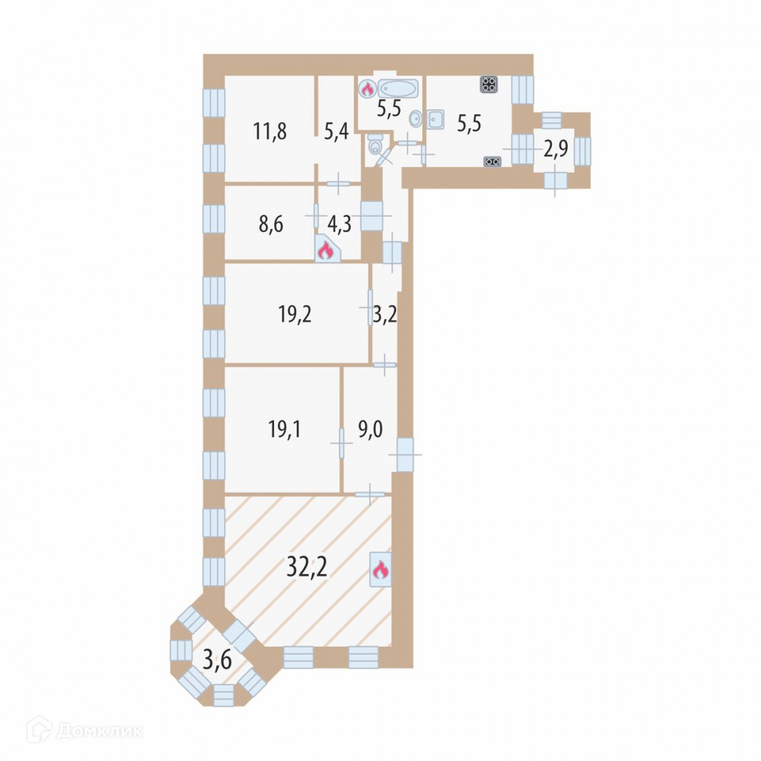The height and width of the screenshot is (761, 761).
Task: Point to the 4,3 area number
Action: (340, 224)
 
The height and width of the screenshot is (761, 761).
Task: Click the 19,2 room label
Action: (295, 314)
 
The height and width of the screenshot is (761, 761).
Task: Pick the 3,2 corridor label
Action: (385, 314)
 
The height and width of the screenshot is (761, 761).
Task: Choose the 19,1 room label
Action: (285, 429)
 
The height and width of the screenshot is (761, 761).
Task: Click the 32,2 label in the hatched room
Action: (307, 565)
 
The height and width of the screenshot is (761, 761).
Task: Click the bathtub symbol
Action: (399, 88)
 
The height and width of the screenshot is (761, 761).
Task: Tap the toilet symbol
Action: (375, 147)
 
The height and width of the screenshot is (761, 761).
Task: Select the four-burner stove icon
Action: (489, 85)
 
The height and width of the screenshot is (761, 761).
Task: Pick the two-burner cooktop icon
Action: (493, 161)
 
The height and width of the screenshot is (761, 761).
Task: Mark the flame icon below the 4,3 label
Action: (325, 249)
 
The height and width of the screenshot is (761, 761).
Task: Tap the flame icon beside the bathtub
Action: (367, 89)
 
